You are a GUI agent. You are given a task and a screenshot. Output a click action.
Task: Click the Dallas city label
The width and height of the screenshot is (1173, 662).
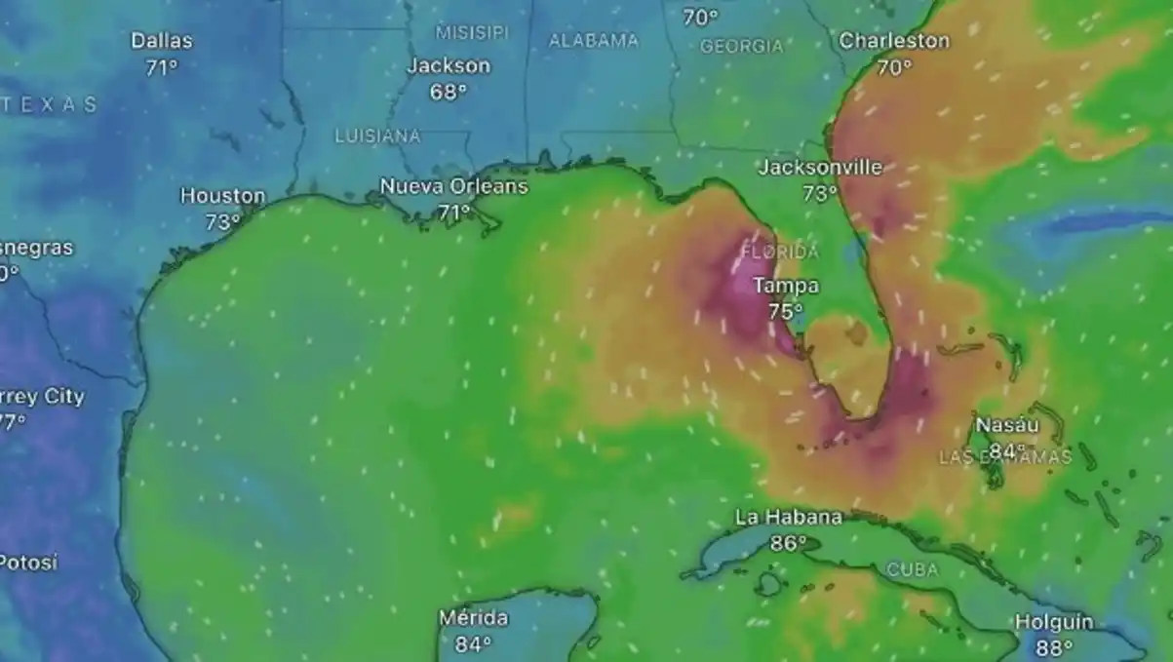pos(162,41)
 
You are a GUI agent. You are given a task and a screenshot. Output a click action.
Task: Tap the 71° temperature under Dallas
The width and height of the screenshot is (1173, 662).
pos(162,68)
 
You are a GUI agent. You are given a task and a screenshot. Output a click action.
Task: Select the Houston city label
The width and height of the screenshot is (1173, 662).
pos(222,196)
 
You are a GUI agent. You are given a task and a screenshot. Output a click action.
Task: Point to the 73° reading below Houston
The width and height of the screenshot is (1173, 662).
pos(222,222)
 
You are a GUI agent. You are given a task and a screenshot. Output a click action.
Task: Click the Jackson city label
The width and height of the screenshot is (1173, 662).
pos(449,66)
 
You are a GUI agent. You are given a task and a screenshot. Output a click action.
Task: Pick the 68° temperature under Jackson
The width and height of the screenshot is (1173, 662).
pos(449,93)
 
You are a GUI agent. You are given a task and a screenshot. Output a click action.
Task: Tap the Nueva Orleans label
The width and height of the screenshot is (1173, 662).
pos(453,186)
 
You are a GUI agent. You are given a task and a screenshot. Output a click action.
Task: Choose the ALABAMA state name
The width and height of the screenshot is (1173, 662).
pos(593,41)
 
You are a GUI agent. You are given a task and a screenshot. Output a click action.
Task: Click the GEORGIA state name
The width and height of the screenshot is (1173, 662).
pos(741,46)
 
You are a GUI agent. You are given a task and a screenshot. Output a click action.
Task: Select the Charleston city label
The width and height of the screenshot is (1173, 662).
pos(894,41)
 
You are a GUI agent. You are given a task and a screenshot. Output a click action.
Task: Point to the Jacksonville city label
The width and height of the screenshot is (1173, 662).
pos(820,168)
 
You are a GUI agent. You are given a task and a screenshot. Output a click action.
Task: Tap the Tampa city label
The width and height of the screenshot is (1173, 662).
pos(786,286)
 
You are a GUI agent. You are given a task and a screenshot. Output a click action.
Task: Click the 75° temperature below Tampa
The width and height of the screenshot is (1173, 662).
pos(785,312)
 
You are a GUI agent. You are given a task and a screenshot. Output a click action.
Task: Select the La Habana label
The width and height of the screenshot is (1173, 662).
pos(789,518)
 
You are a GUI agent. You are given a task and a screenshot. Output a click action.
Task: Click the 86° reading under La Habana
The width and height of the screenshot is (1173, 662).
pos(788,544)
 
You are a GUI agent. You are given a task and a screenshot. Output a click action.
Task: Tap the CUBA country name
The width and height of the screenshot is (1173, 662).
pos(913,569)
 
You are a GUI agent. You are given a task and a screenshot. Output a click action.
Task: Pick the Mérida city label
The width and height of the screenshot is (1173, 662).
pos(473,618)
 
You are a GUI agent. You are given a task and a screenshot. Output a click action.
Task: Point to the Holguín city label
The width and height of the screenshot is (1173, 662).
pos(1054,622)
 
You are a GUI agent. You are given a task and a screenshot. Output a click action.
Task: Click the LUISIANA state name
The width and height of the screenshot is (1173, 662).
pos(377,136)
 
